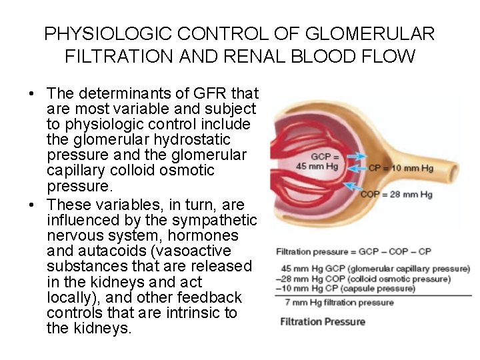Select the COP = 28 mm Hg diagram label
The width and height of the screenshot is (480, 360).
coord(396,194)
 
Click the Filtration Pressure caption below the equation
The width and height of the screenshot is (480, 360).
coord(322,321)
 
